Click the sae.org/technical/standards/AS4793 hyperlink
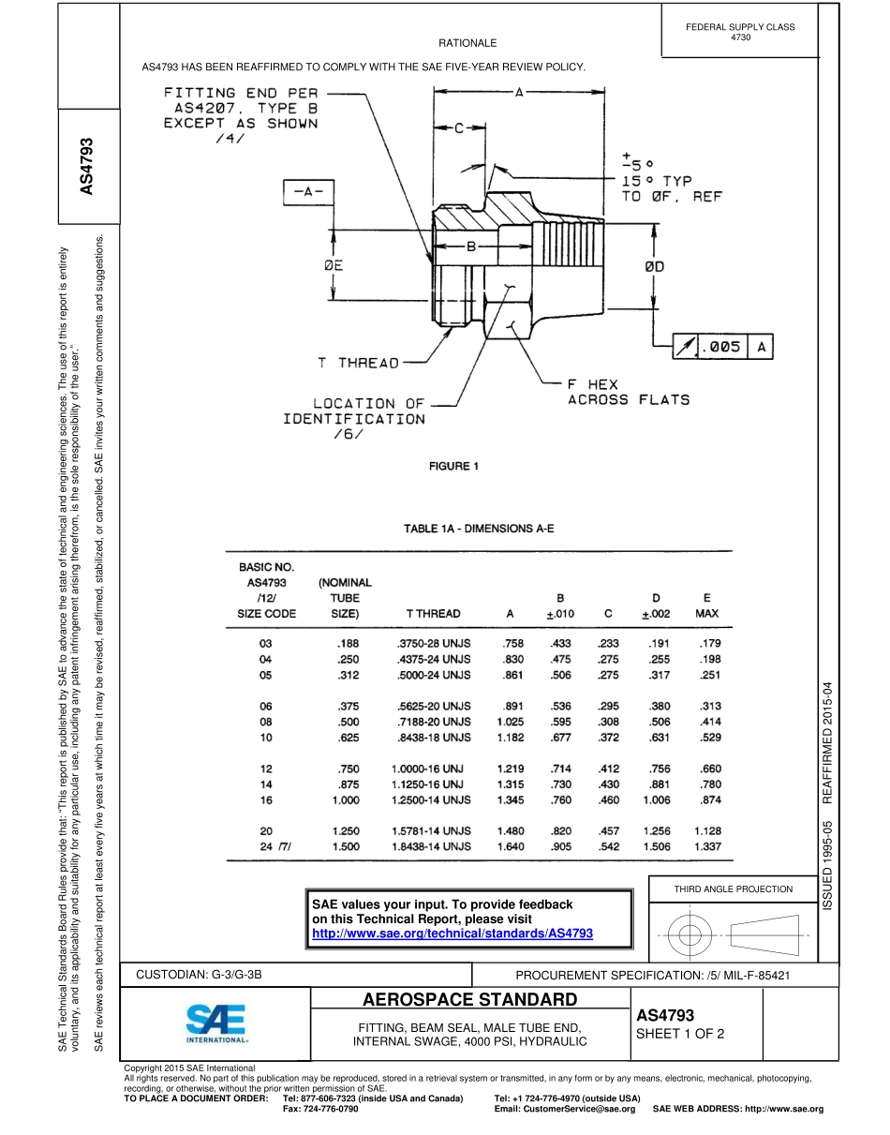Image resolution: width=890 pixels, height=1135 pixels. [x=452, y=933]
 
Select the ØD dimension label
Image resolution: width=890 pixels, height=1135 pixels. [x=654, y=266]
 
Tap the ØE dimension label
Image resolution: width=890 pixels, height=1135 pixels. [x=333, y=266]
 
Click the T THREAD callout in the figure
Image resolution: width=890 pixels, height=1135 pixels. [x=357, y=363]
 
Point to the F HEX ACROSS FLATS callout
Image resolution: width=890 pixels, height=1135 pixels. [x=628, y=392]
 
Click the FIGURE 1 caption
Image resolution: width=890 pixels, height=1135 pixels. [x=453, y=467]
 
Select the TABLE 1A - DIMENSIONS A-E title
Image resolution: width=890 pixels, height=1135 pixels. [x=479, y=529]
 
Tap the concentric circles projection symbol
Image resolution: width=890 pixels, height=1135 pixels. [x=690, y=934]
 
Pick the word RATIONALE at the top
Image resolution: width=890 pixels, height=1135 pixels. [x=467, y=43]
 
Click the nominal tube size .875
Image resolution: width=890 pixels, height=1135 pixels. [x=346, y=784]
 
